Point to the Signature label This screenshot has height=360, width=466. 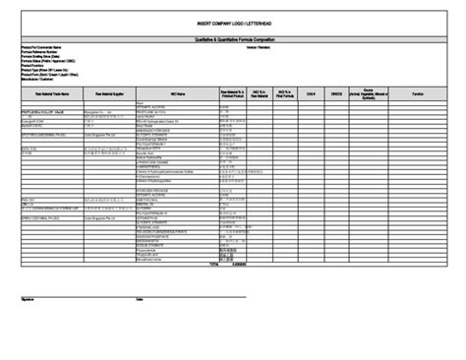tap(27, 299)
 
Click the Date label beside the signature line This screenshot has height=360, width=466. tap(139, 299)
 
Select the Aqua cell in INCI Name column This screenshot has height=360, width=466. tap(140, 101)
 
